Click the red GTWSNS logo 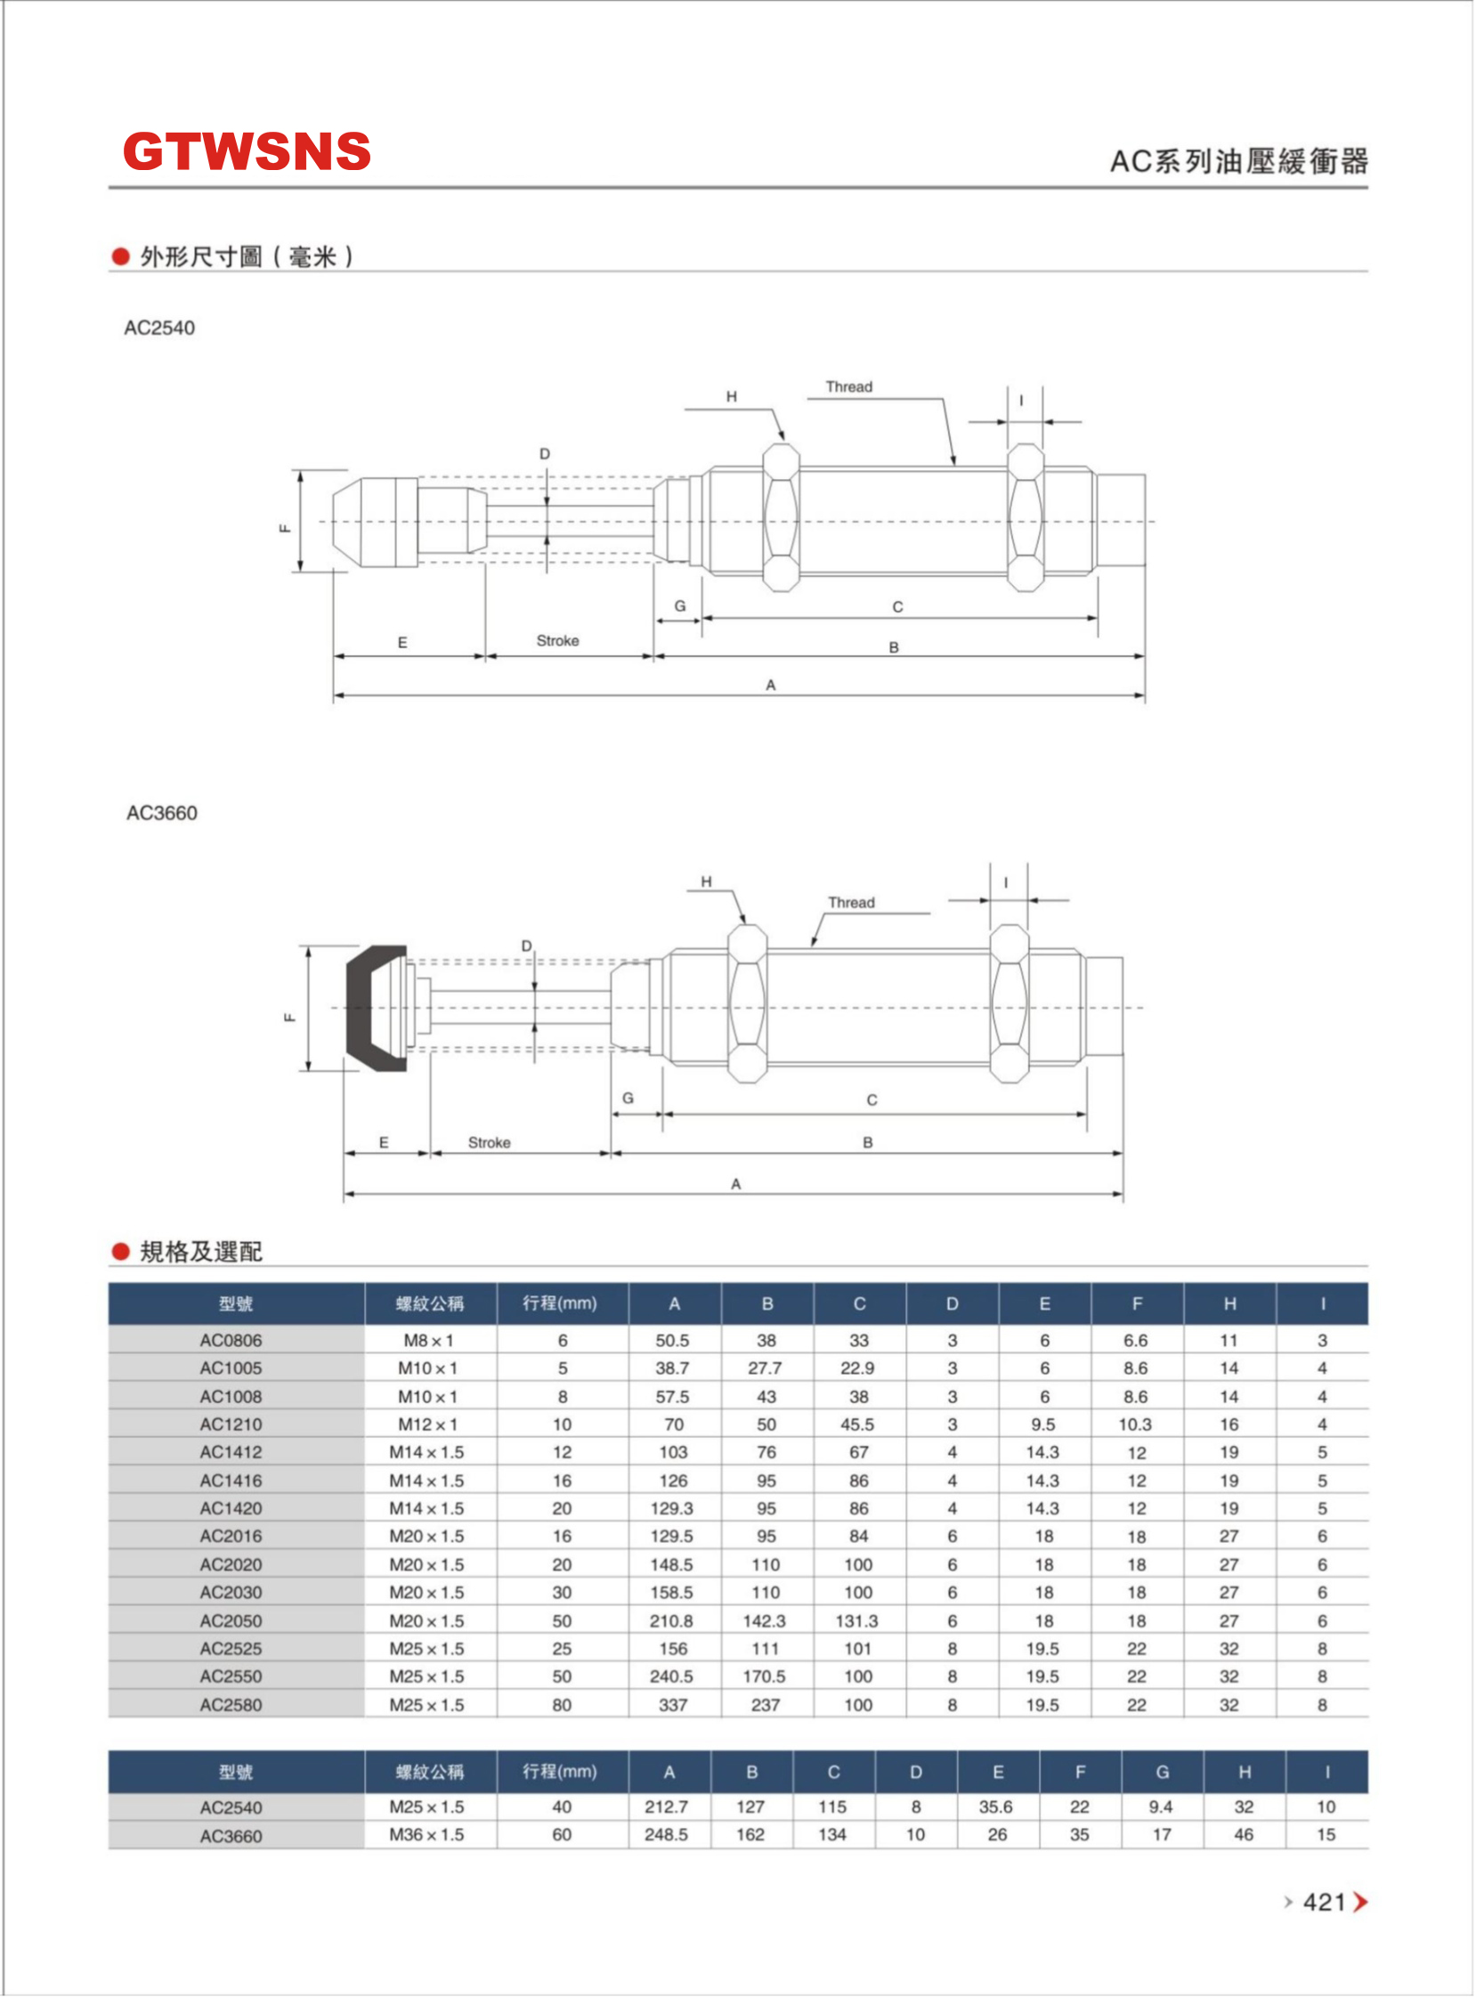[246, 151]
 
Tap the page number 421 [1324, 1903]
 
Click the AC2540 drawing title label [159, 328]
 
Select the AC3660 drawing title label [162, 813]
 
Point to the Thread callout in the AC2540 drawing [848, 387]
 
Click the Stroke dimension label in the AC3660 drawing [489, 1143]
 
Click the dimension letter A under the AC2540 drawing [770, 686]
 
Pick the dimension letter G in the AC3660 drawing [629, 1098]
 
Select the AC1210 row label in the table [231, 1425]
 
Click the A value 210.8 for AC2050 [672, 1620]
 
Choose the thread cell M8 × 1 [428, 1340]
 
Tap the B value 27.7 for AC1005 [765, 1368]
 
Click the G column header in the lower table [1163, 1772]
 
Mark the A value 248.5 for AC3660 [667, 1834]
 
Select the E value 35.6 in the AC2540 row [995, 1806]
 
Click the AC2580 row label [231, 1705]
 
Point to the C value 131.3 [857, 1620]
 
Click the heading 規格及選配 [200, 1252]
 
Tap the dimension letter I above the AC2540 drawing [1021, 401]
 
